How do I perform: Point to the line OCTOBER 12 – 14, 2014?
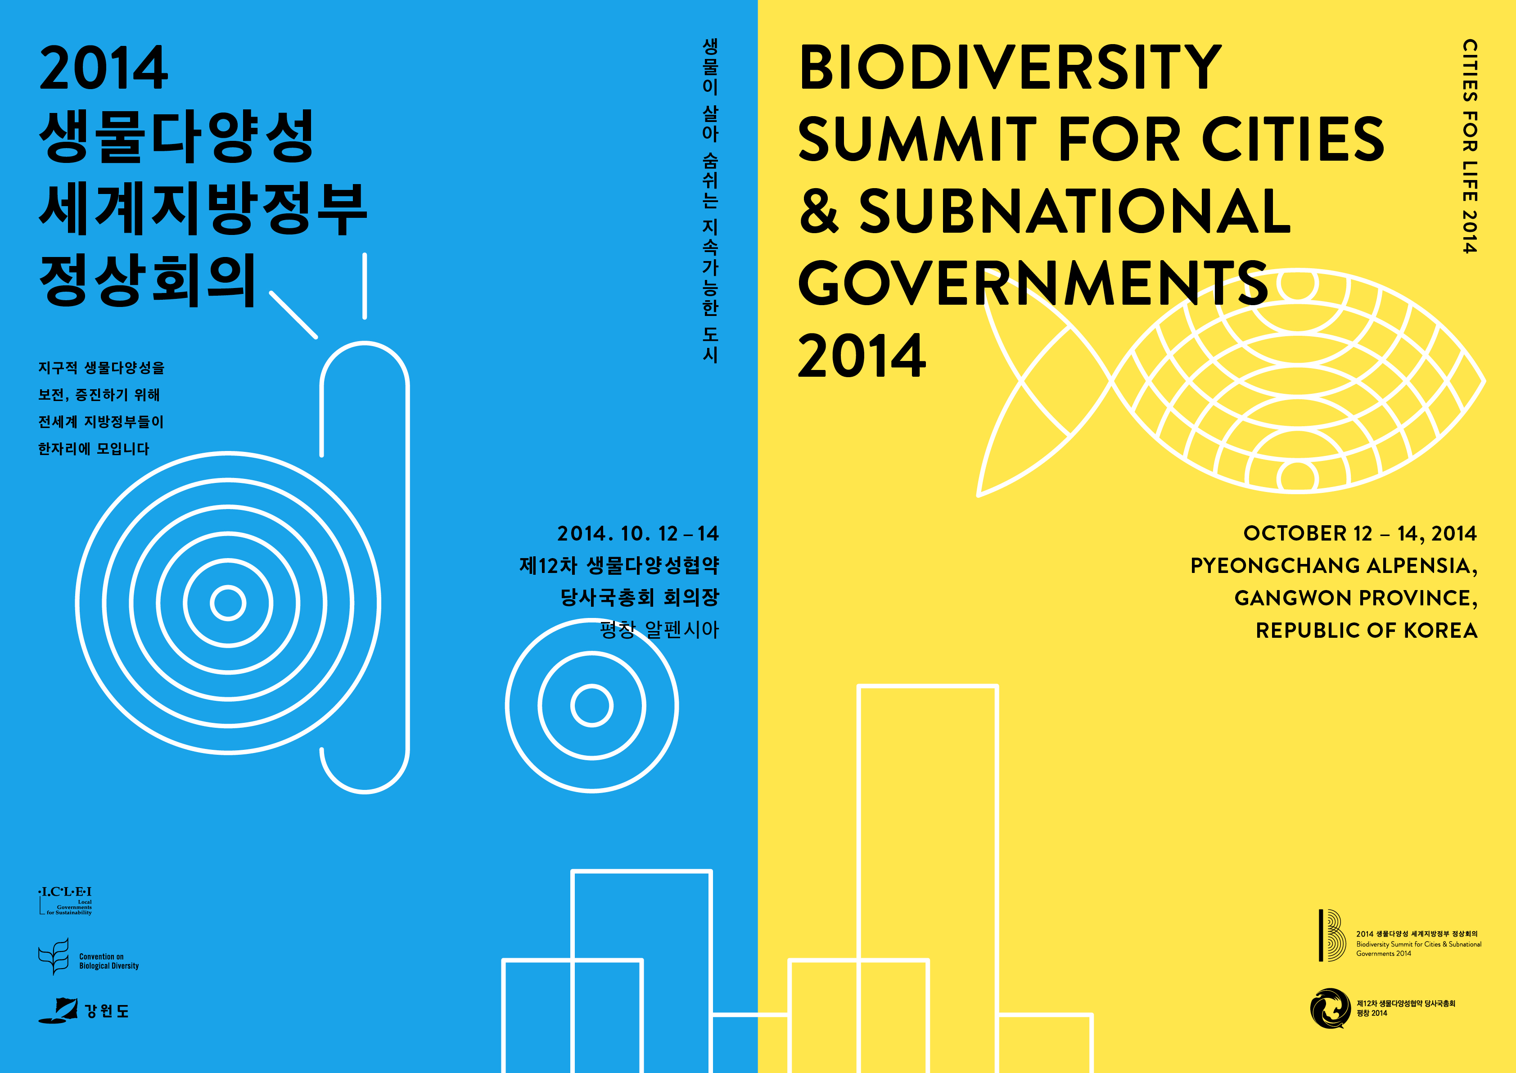tap(1359, 533)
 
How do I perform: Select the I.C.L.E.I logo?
tap(65, 901)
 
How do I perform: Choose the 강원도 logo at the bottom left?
tap(83, 1010)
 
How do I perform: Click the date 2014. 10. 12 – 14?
tap(637, 533)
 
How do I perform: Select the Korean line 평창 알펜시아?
tap(659, 630)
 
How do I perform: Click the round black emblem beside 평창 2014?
tap(1330, 1008)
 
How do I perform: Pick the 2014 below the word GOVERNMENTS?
tap(862, 356)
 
